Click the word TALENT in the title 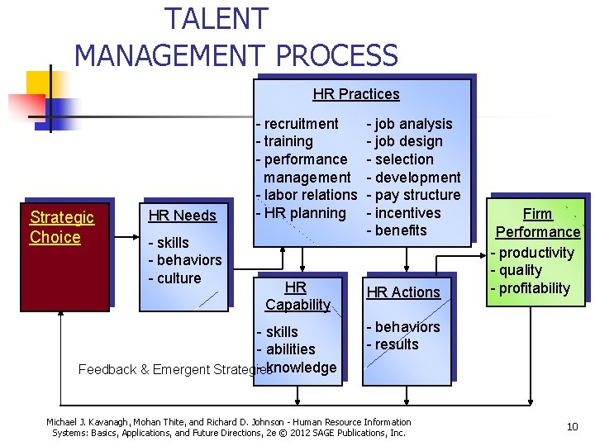point(217,18)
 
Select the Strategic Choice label point(62,227)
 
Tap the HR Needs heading point(182,216)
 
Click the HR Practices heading point(356,94)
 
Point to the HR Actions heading point(403,292)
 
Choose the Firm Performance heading point(537,223)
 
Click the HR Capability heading point(297,296)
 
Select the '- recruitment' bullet point(297,124)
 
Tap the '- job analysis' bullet point(410,124)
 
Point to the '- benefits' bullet point(397,230)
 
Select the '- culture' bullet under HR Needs point(174,278)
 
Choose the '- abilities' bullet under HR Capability point(286,349)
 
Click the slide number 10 point(571,426)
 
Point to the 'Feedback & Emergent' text point(149,369)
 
